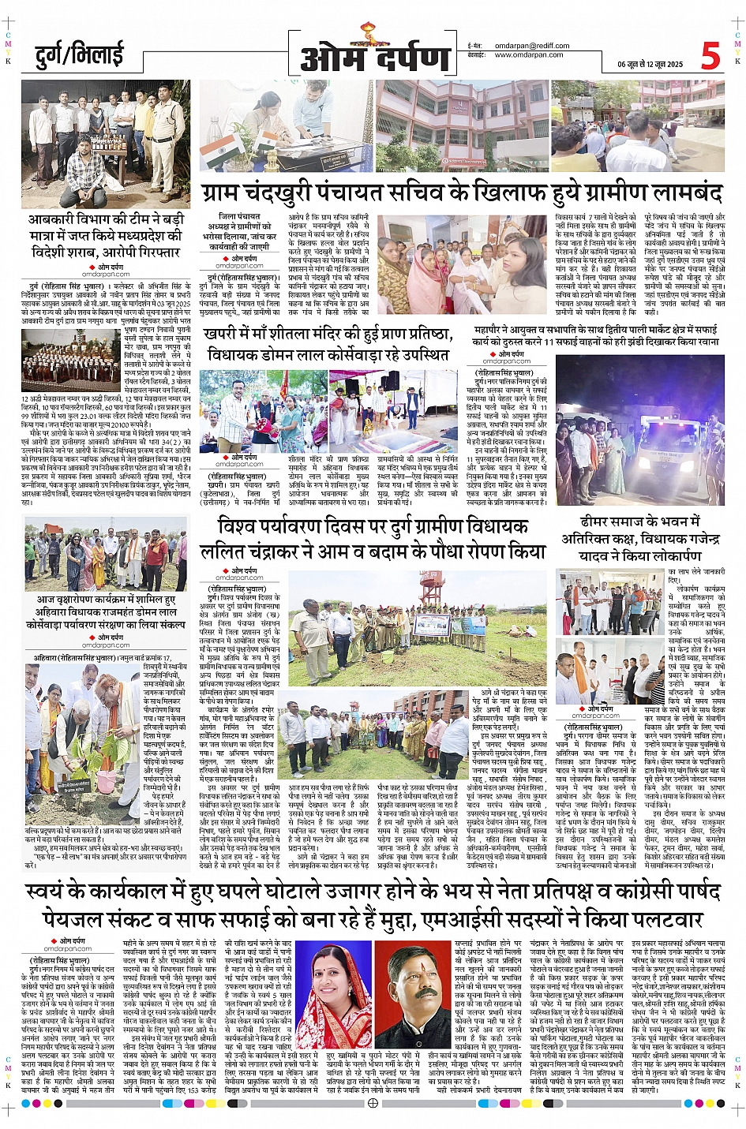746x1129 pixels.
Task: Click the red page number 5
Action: click(x=710, y=56)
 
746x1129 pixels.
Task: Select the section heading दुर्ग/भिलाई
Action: click(x=80, y=55)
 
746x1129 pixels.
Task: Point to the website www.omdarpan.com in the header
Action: click(x=529, y=55)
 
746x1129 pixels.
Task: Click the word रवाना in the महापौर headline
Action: click(x=699, y=342)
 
